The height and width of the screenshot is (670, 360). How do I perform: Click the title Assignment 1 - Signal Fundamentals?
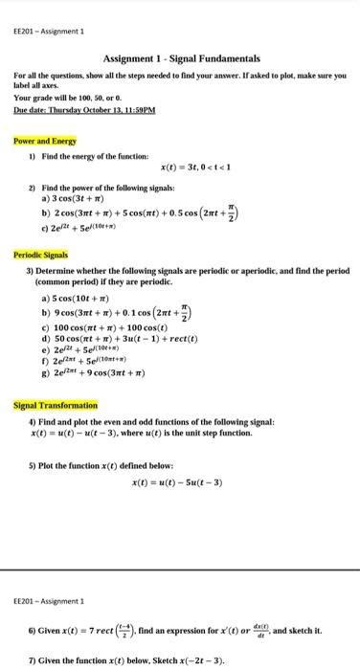[181, 59]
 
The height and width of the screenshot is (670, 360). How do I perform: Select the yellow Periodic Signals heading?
[41, 256]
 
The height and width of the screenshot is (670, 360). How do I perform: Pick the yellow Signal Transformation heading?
[52, 405]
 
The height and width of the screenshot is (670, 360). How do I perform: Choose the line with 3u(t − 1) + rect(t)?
[128, 339]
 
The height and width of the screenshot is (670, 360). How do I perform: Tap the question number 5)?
[33, 465]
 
